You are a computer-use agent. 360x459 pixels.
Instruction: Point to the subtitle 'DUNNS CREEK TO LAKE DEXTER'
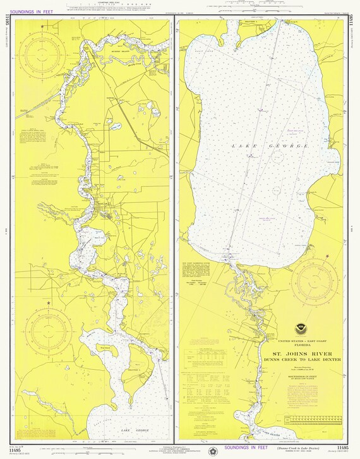(x=306, y=360)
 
